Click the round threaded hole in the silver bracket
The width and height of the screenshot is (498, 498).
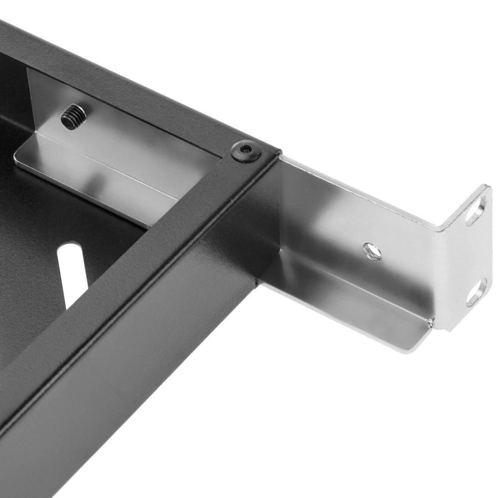(x=372, y=252)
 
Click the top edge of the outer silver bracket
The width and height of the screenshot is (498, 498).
(x=360, y=184)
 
